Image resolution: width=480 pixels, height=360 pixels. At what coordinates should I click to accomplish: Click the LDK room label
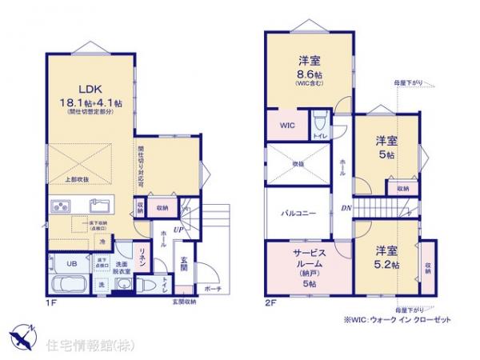[x=89, y=89]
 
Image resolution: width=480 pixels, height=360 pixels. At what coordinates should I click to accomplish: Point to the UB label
[x=70, y=262]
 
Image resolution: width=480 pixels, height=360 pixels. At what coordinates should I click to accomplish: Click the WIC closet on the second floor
[x=287, y=126]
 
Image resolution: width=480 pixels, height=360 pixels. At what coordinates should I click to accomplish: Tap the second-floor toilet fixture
[x=319, y=122]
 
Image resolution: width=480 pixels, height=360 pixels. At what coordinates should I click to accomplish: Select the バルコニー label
[x=298, y=214]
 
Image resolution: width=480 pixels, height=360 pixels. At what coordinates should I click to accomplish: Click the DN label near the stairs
[x=346, y=210]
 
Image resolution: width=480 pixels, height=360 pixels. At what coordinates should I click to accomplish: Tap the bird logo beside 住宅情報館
[x=22, y=332]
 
